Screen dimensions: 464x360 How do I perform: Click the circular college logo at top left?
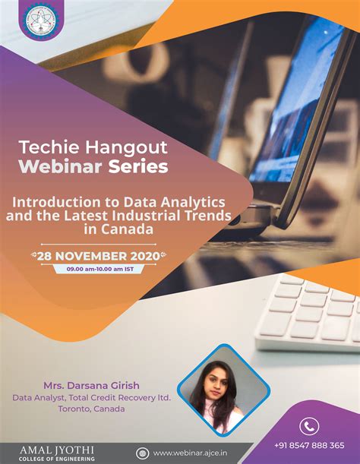click(x=36, y=22)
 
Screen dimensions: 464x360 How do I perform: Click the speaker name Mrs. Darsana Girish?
click(x=90, y=384)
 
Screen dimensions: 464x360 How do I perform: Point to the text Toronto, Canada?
click(x=91, y=409)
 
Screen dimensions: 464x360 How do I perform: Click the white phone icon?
click(x=308, y=425)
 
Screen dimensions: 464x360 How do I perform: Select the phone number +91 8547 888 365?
click(x=309, y=445)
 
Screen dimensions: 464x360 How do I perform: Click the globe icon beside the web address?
click(x=141, y=453)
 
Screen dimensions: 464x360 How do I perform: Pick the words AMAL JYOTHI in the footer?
click(x=48, y=449)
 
